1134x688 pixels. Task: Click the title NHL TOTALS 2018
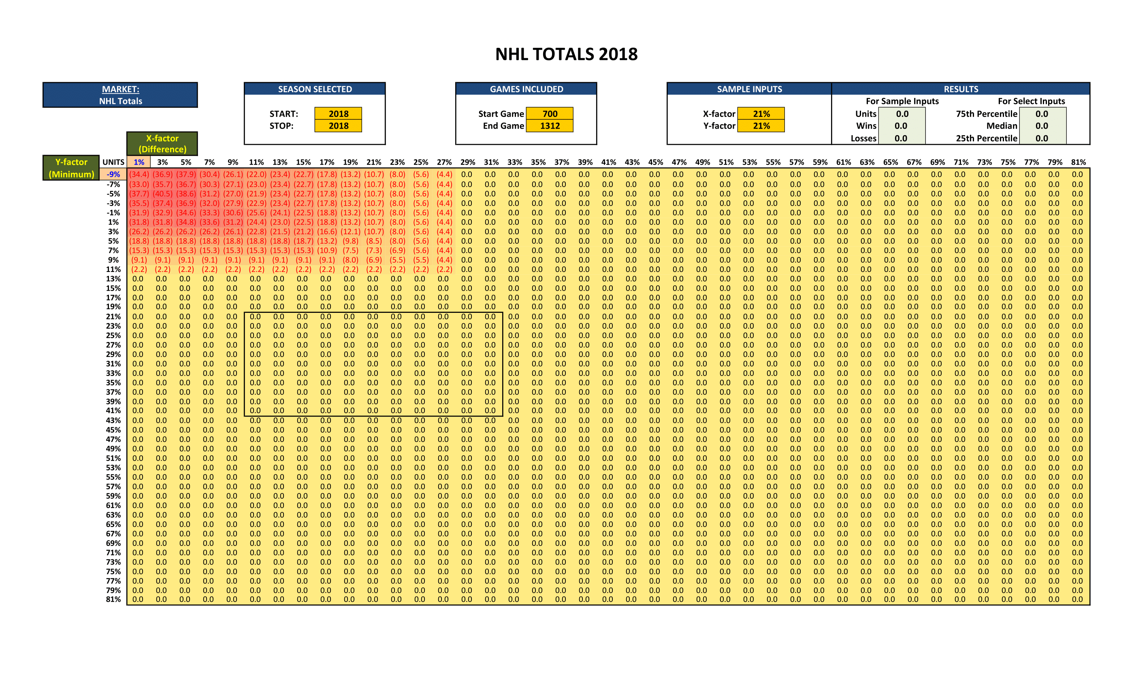pos(566,54)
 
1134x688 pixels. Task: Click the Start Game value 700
pos(550,114)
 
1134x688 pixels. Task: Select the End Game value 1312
pos(550,125)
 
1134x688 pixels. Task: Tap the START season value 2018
pos(338,114)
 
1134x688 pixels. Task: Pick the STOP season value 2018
pos(338,125)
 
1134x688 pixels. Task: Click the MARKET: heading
pos(121,89)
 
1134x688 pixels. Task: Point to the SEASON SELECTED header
pos(315,89)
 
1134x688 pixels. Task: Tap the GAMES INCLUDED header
pos(526,89)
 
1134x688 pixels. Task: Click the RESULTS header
pos(961,89)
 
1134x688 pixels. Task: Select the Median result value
pos(1042,125)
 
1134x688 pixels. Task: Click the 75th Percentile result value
pos(1042,114)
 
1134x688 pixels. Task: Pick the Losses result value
pos(901,138)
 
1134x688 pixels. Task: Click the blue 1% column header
pos(139,162)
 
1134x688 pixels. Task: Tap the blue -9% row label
pos(113,174)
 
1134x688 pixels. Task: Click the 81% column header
pos(1078,162)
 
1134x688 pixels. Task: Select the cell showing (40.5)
pos(162,193)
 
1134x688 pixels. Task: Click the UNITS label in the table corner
pos(113,162)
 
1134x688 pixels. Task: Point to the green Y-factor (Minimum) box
pos(71,168)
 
